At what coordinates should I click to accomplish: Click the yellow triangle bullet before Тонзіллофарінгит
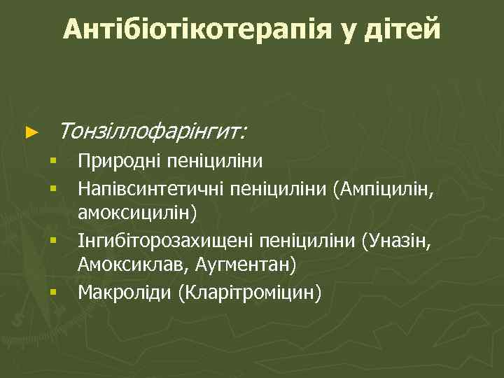click(29, 131)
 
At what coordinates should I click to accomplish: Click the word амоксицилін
click(137, 211)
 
